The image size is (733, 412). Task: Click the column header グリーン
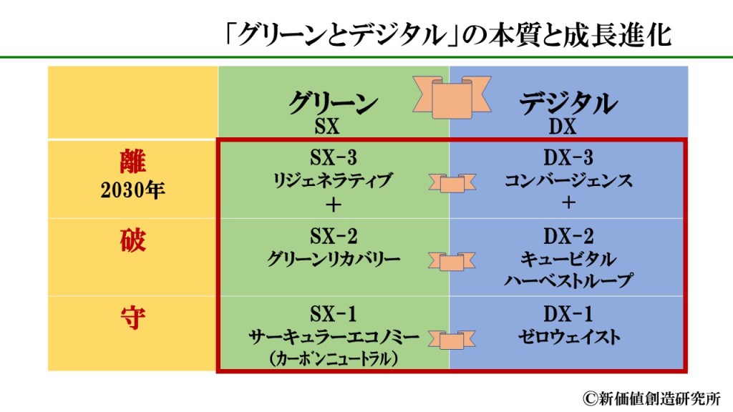pyautogui.click(x=333, y=104)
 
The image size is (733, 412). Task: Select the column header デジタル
pyautogui.click(x=568, y=104)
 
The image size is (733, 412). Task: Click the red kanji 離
pyautogui.click(x=132, y=162)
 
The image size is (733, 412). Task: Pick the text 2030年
pyautogui.click(x=132, y=190)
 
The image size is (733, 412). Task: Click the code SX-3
pyautogui.click(x=333, y=157)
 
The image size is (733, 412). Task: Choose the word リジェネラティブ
pyautogui.click(x=333, y=181)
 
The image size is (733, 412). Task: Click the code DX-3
pyautogui.click(x=568, y=157)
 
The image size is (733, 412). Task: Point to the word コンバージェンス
pyautogui.click(x=568, y=181)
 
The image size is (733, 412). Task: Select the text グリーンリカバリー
pyautogui.click(x=333, y=259)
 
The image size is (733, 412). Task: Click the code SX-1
pyautogui.click(x=333, y=314)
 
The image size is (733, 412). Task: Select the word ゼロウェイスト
pyautogui.click(x=568, y=336)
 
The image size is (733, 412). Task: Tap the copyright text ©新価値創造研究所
pyautogui.click(x=651, y=397)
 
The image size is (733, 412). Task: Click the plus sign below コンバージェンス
pyautogui.click(x=568, y=204)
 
